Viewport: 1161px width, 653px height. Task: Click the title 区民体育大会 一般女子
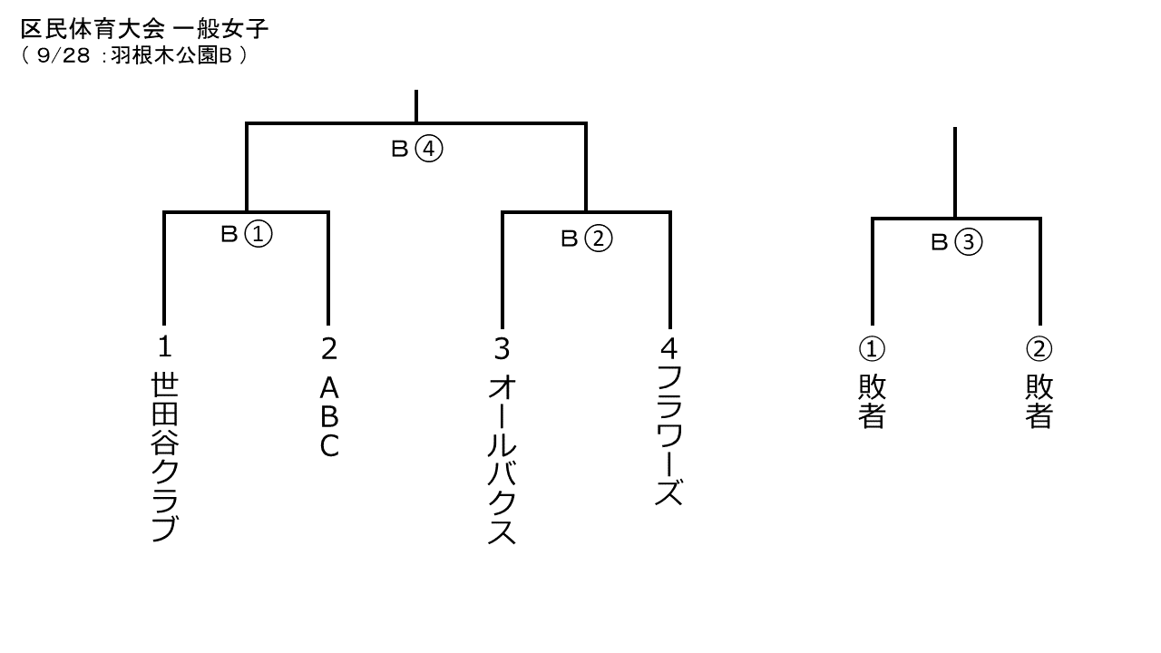pyautogui.click(x=144, y=29)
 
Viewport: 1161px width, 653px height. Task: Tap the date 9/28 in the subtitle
pyautogui.click(x=63, y=56)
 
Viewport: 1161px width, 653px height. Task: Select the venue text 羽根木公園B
pyautogui.click(x=171, y=56)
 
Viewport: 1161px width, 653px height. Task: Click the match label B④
pyautogui.click(x=416, y=150)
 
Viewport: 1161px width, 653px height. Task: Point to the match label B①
pyautogui.click(x=246, y=234)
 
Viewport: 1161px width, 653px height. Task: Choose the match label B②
pyautogui.click(x=586, y=239)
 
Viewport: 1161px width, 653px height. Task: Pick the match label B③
pyautogui.click(x=956, y=242)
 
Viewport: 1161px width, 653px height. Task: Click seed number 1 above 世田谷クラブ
pyautogui.click(x=164, y=346)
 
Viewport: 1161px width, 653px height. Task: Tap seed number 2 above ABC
pyautogui.click(x=329, y=349)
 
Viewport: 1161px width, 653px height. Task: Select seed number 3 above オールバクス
pyautogui.click(x=502, y=349)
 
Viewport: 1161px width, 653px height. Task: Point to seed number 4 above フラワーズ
pyautogui.click(x=669, y=348)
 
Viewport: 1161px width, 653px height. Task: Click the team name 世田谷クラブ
pyautogui.click(x=165, y=457)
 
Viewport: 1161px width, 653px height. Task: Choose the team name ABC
pyautogui.click(x=329, y=417)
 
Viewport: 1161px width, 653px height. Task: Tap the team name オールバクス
pyautogui.click(x=502, y=460)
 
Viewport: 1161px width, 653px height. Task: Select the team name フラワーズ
pyautogui.click(x=669, y=435)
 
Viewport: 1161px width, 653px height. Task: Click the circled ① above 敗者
pyautogui.click(x=872, y=349)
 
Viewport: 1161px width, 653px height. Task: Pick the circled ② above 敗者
pyautogui.click(x=1039, y=349)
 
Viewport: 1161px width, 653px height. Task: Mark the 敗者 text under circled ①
pyautogui.click(x=872, y=402)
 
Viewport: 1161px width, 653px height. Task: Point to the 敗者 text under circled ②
pyautogui.click(x=1039, y=402)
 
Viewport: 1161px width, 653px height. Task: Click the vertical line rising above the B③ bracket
pyautogui.click(x=955, y=172)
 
